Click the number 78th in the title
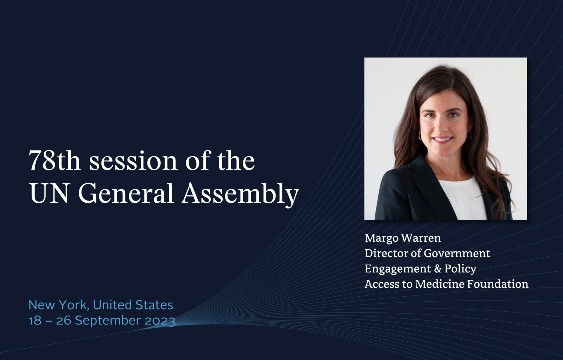pyautogui.click(x=55, y=160)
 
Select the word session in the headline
pyautogui.click(x=133, y=162)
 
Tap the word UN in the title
pyautogui.click(x=49, y=193)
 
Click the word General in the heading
pyautogui.click(x=126, y=193)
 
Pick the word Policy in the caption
pyautogui.click(x=461, y=269)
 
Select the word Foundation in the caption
pyautogui.click(x=498, y=284)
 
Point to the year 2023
pyautogui.click(x=160, y=321)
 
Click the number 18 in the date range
pyautogui.click(x=35, y=321)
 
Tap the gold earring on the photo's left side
pyautogui.click(x=420, y=136)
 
